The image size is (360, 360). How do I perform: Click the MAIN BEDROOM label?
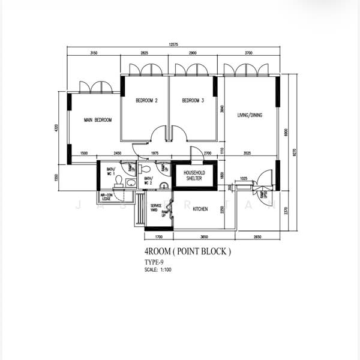coord(98,120)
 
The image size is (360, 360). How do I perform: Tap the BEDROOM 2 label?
coord(146,101)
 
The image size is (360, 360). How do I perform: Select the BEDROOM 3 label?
coord(193,101)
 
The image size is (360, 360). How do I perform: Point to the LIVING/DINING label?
coord(250,115)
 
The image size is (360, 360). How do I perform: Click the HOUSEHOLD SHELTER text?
coord(193,175)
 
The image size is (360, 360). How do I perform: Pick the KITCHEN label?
coord(200,209)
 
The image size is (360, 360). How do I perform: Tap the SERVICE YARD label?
coord(155,209)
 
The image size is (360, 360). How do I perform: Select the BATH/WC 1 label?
coord(110,172)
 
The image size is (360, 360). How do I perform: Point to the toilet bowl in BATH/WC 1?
coord(118,180)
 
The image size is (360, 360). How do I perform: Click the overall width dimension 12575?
coord(173,44)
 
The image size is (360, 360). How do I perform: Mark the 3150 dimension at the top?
coord(94,53)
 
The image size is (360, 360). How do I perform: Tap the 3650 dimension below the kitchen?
coord(203,237)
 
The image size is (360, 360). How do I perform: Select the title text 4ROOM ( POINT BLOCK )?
coord(187,252)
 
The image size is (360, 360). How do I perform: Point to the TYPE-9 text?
coord(154,263)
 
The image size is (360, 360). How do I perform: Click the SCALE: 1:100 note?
coord(158,270)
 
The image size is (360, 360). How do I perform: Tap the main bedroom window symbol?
coord(96,88)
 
